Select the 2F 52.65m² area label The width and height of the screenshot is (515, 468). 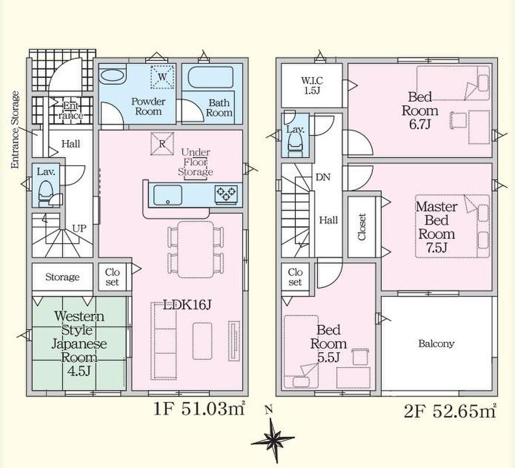[450, 411]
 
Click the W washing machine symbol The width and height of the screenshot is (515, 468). [163, 77]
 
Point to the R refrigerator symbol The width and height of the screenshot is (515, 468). [162, 143]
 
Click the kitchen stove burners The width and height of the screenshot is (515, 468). [226, 194]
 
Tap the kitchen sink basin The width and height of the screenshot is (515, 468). [168, 195]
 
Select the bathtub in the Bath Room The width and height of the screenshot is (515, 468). [210, 77]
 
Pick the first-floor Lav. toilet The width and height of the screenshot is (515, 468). [46, 193]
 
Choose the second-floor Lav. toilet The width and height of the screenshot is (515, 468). [295, 145]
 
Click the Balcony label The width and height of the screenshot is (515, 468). [436, 344]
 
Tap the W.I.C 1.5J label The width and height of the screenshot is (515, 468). [312, 85]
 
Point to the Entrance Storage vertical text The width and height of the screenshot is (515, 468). [15, 130]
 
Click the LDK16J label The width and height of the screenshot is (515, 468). [186, 305]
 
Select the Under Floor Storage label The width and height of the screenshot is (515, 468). [195, 162]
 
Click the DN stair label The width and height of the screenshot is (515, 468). [323, 177]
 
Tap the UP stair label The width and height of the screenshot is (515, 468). [79, 228]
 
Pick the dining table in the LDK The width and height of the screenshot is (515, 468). [196, 250]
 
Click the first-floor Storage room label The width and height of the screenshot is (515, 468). [63, 277]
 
